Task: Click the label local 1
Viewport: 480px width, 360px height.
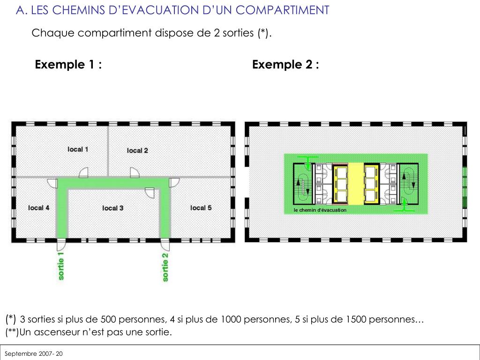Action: click(78, 150)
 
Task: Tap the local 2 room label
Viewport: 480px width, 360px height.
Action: click(137, 150)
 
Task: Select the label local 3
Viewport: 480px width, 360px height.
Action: click(112, 208)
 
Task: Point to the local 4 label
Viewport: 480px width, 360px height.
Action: click(38, 208)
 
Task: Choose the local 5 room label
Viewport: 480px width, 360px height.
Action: click(201, 208)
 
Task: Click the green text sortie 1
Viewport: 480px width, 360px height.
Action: click(61, 266)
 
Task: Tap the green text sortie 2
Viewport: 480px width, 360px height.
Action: click(165, 267)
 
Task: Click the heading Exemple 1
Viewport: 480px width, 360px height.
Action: click(68, 65)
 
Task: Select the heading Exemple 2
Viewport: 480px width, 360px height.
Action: click(285, 65)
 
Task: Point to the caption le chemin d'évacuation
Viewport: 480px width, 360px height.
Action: click(320, 210)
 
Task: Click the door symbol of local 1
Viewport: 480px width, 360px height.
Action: click(83, 172)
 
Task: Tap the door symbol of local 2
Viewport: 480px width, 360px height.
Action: click(135, 172)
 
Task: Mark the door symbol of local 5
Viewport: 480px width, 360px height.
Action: click(174, 183)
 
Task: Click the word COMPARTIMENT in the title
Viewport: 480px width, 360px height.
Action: click(282, 10)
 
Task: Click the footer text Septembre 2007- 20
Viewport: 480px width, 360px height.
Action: click(33, 354)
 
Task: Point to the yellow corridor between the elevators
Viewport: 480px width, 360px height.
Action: click(356, 184)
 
